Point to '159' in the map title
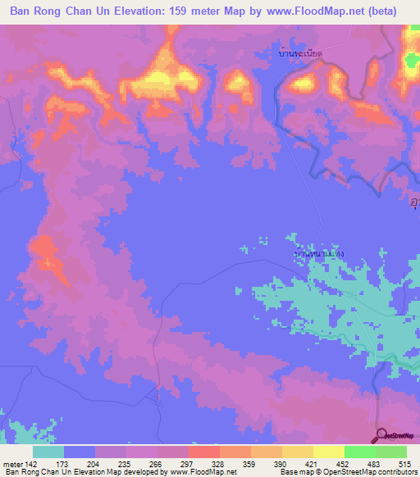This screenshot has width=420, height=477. (197, 11)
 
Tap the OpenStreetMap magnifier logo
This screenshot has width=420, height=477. (380, 436)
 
